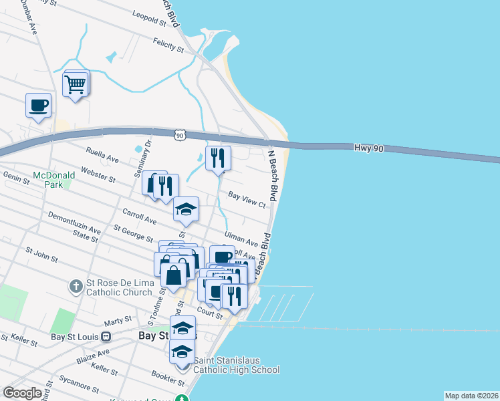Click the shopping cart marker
pyautogui.click(x=76, y=85)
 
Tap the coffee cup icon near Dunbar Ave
pyautogui.click(x=38, y=106)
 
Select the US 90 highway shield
pyautogui.click(x=178, y=135)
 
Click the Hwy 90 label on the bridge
pyautogui.click(x=368, y=147)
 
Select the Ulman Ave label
pyautogui.click(x=241, y=239)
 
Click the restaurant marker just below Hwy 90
pyautogui.click(x=218, y=159)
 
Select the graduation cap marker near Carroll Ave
pyautogui.click(x=186, y=210)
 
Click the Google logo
pyautogui.click(x=22, y=393)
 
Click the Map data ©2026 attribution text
pyautogui.click(x=471, y=396)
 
